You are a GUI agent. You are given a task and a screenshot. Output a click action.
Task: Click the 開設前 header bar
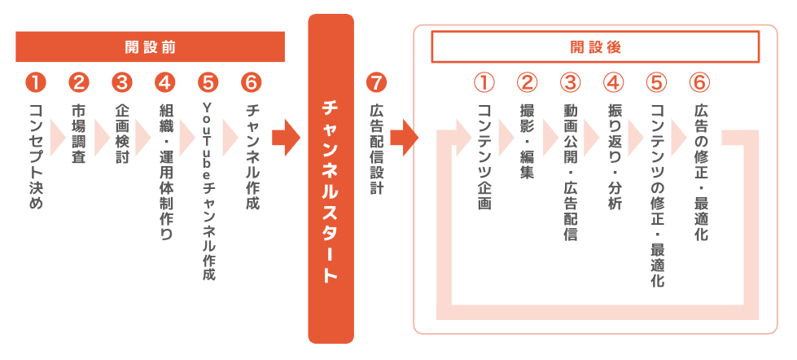coord(151,46)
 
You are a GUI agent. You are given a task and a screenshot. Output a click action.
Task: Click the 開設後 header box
coord(595,47)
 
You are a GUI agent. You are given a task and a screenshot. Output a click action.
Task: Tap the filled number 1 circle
coord(37,82)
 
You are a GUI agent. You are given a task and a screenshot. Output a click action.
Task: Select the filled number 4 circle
coord(165,82)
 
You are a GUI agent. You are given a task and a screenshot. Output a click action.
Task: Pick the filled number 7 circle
coord(376,82)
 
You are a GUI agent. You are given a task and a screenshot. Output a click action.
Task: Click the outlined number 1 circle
coord(484,82)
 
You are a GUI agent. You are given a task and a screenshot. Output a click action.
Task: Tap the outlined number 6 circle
coord(699,82)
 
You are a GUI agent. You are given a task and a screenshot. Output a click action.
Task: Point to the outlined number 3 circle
coord(571,82)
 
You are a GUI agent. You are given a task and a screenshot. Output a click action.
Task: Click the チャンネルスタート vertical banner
coord(331,178)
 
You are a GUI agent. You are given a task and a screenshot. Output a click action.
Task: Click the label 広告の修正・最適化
coord(699,172)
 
